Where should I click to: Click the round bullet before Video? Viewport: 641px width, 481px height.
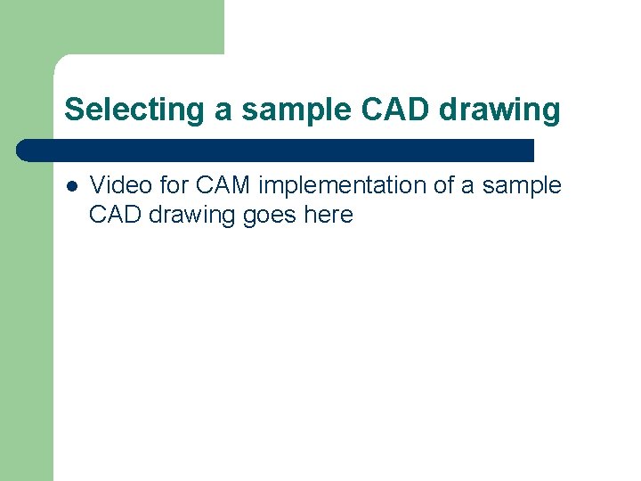[x=71, y=187]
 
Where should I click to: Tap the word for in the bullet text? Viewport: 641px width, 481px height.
[x=174, y=185]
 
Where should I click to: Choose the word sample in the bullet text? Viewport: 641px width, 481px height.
[x=522, y=185]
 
